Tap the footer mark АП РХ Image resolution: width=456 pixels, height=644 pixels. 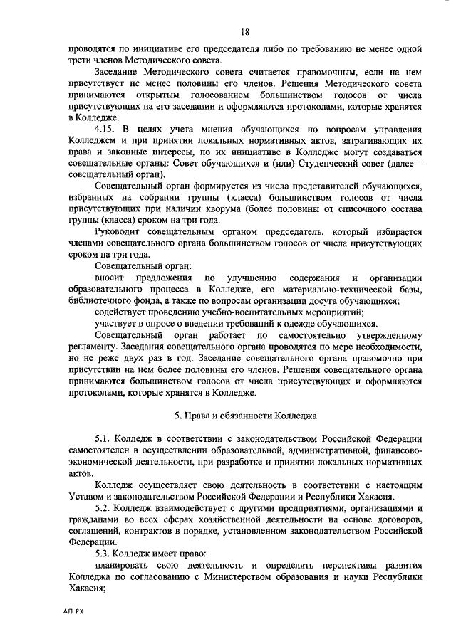72,611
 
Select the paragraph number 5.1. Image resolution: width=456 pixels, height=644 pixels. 105,436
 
